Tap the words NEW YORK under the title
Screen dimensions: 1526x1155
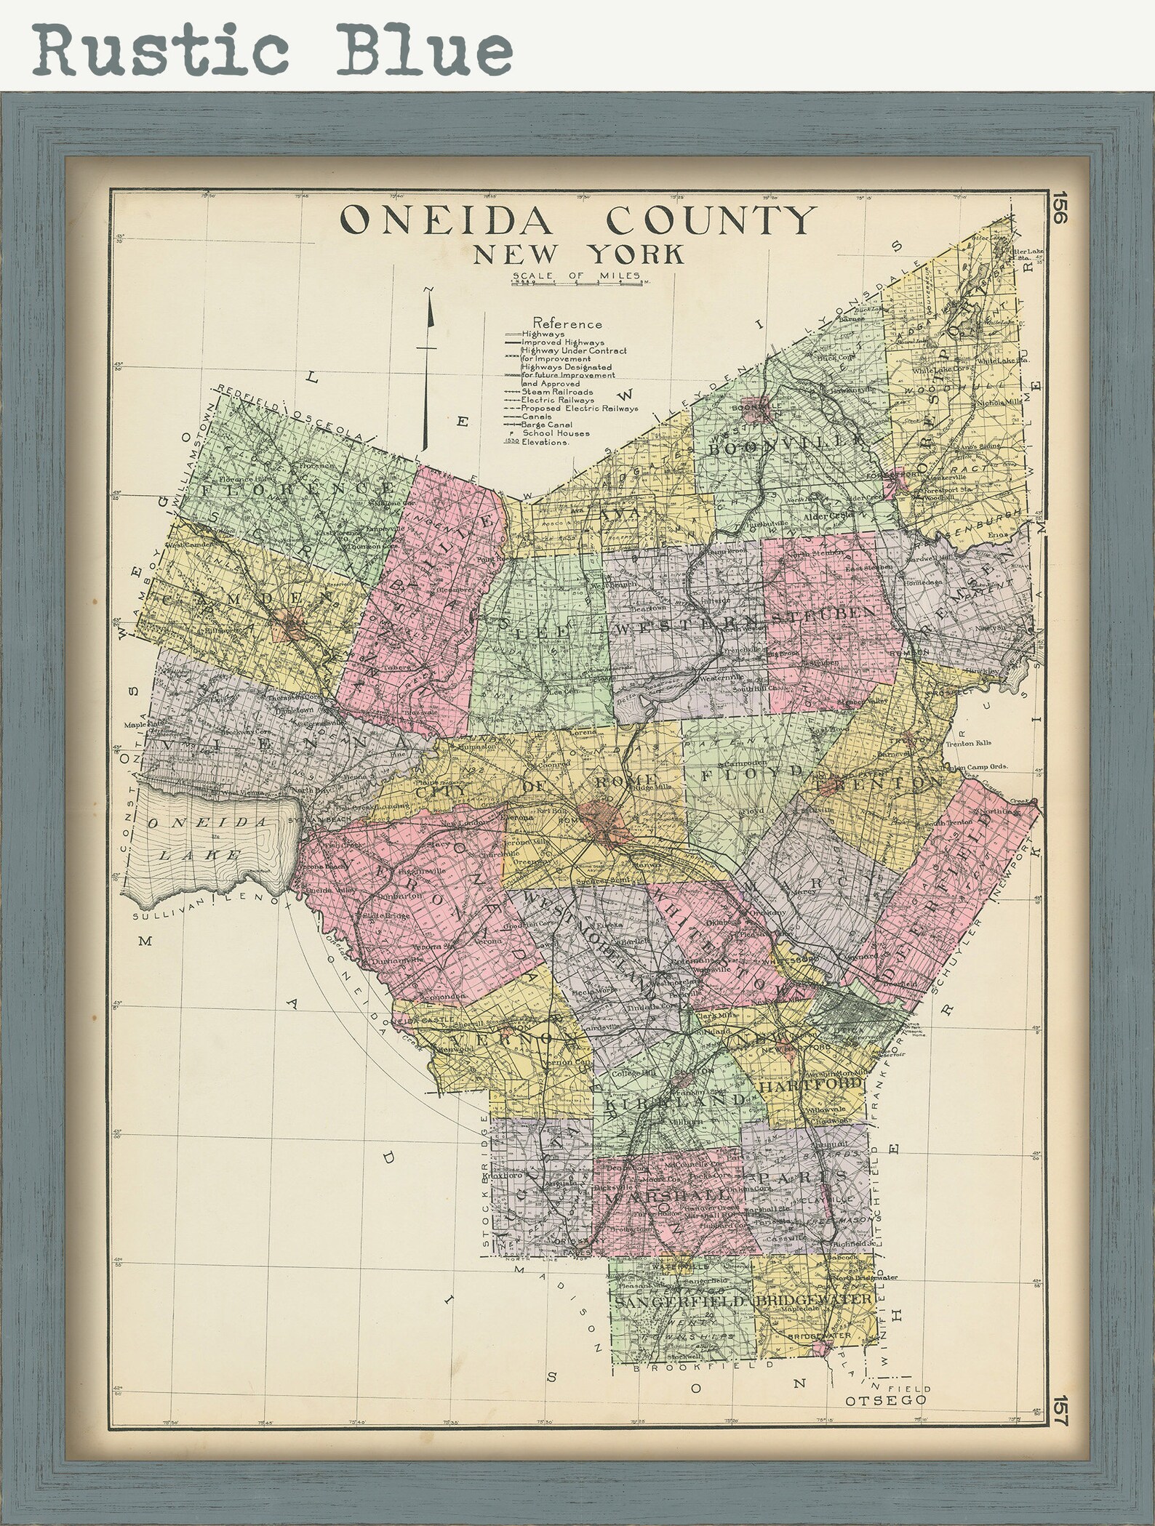578,254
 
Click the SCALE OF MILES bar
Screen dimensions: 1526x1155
577,283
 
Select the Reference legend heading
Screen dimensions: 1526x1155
567,323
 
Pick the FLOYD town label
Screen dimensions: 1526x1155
754,772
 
